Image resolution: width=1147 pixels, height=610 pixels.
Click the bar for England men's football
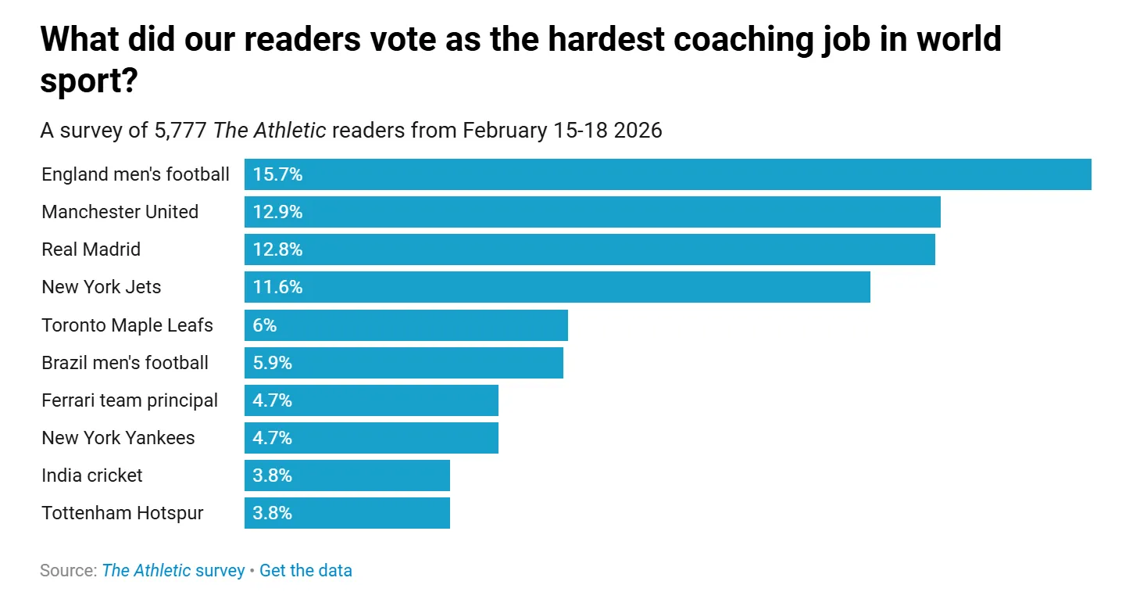(x=667, y=174)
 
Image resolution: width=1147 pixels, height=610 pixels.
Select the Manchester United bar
(x=592, y=212)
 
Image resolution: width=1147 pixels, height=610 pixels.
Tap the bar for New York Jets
(x=557, y=287)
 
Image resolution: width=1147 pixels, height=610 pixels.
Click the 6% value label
(x=265, y=325)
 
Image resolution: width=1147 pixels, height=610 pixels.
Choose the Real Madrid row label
(x=91, y=249)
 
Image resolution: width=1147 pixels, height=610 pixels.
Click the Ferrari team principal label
(x=130, y=400)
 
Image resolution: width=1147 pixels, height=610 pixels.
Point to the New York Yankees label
(x=118, y=438)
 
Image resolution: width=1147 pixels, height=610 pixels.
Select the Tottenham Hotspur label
(x=123, y=513)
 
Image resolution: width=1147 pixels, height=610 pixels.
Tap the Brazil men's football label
(x=125, y=363)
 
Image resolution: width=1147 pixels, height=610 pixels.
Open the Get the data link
(x=306, y=570)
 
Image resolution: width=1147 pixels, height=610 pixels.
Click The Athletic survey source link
(x=173, y=570)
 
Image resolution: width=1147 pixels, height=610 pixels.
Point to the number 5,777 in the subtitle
(x=180, y=129)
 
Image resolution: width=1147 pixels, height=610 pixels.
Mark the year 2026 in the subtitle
(x=638, y=129)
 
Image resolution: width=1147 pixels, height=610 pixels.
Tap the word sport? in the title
(x=89, y=80)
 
